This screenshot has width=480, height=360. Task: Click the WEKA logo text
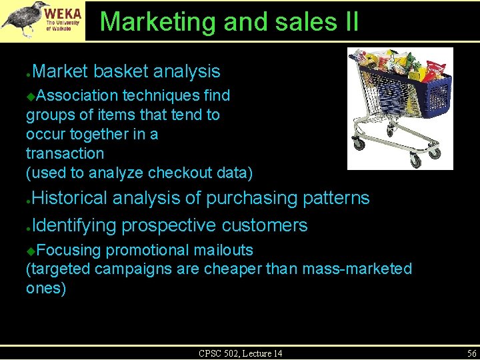point(65,13)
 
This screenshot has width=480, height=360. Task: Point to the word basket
point(121,71)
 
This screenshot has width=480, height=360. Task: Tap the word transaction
point(65,153)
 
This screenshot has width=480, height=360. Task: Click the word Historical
point(69,198)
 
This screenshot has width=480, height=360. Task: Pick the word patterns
point(336,198)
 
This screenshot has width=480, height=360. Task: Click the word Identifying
point(73,225)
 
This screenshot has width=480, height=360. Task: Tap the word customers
point(265,225)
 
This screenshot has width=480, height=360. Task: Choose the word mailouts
point(223,250)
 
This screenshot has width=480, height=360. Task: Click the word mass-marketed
point(357,269)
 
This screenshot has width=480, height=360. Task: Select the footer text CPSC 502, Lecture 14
point(240,353)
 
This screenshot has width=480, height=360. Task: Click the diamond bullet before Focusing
point(31,251)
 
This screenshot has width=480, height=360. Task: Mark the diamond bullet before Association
point(31,96)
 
